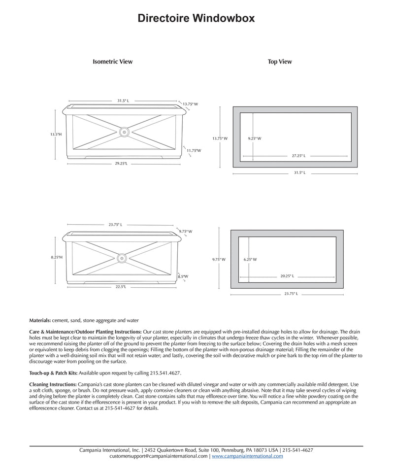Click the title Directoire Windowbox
(196, 19)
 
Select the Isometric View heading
(112, 62)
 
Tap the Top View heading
(280, 62)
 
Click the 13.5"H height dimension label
(56, 134)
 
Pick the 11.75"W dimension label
(194, 150)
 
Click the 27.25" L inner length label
(298, 156)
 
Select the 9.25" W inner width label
(255, 138)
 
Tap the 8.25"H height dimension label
(57, 258)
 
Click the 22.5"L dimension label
(121, 286)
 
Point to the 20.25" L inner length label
(287, 276)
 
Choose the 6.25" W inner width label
(250, 259)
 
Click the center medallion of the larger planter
(124, 132)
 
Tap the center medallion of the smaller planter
(122, 257)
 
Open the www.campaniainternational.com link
(247, 456)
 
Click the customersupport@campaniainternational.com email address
(159, 456)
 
